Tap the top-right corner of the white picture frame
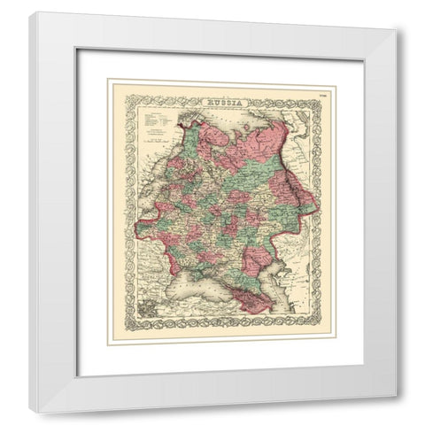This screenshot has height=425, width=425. coord(395,15)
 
